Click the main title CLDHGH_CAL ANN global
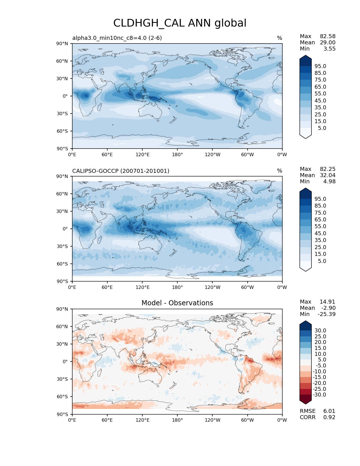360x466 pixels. tap(180, 23)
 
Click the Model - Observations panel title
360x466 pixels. tap(177, 303)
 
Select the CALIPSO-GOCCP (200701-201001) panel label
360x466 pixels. tap(121, 171)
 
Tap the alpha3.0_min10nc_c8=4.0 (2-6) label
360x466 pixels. tap(117, 38)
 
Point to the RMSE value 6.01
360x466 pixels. tap(329, 411)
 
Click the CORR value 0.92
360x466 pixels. tap(329, 417)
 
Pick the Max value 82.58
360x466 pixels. tap(328, 36)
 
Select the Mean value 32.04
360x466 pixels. tap(328, 175)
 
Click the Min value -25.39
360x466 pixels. tap(326, 314)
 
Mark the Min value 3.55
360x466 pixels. tap(330, 49)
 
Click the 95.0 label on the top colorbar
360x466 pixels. tap(320, 66)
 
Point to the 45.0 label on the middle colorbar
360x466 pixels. tap(320, 233)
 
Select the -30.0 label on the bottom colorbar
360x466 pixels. tap(319, 395)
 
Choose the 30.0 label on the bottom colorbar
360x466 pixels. tap(320, 330)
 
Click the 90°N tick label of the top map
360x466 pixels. tap(62, 43)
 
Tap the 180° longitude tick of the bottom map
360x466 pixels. tap(177, 420)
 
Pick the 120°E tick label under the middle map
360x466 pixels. tap(142, 287)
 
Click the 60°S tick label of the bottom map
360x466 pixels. tap(62, 397)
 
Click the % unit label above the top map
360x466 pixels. tap(280, 38)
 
